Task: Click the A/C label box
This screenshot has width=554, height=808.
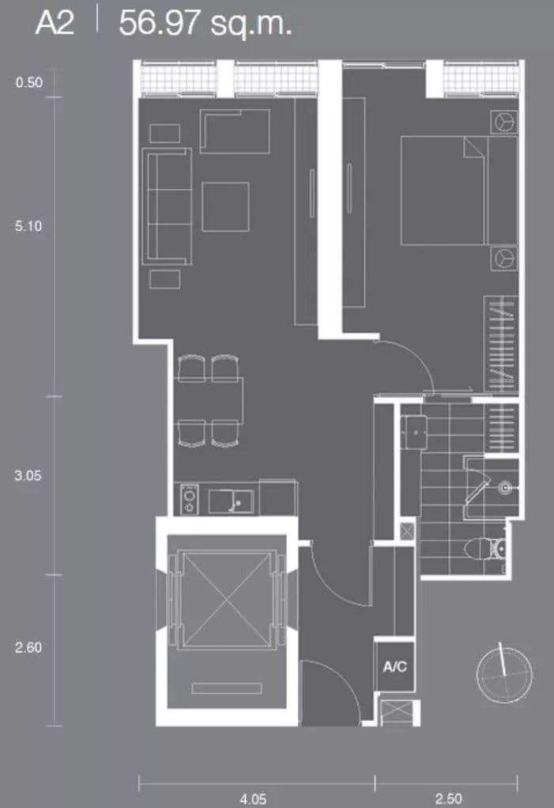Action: (x=394, y=666)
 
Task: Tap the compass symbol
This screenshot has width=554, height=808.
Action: (x=504, y=674)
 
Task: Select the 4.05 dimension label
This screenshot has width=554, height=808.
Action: (x=253, y=799)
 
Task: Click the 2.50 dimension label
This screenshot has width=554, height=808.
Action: (x=448, y=799)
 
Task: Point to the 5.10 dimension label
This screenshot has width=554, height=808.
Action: (x=28, y=225)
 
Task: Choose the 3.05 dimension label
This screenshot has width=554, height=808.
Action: (x=28, y=475)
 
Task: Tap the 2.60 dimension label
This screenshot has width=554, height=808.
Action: (x=28, y=648)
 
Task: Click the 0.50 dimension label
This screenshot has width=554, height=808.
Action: (x=28, y=82)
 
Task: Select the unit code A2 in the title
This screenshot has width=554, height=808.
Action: (x=55, y=24)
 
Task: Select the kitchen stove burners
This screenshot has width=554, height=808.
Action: (x=190, y=500)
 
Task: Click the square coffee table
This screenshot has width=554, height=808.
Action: (x=225, y=206)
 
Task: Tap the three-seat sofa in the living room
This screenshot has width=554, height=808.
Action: (x=167, y=206)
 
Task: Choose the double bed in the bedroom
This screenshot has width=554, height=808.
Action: (x=458, y=191)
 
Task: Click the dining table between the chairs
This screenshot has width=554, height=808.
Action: (x=209, y=401)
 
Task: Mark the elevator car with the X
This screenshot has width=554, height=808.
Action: (x=227, y=598)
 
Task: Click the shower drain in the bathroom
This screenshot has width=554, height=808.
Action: (x=505, y=487)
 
